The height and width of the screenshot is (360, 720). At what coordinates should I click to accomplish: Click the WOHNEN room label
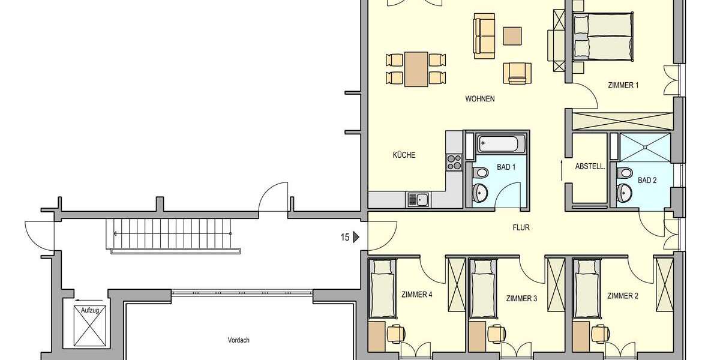click(479, 99)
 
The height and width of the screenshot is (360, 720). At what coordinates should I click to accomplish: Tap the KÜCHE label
click(404, 155)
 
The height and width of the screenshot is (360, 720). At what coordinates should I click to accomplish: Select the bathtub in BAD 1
click(501, 144)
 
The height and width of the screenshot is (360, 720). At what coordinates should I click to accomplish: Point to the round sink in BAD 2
click(626, 192)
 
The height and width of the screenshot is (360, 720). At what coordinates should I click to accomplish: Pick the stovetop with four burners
click(454, 162)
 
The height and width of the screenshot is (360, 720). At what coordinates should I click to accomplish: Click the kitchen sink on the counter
click(418, 199)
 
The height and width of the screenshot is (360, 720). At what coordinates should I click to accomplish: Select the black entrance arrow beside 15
click(356, 238)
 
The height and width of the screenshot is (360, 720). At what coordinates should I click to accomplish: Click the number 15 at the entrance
click(344, 238)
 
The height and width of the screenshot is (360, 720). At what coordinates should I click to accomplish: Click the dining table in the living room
click(416, 68)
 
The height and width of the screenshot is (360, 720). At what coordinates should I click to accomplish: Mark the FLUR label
click(521, 227)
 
